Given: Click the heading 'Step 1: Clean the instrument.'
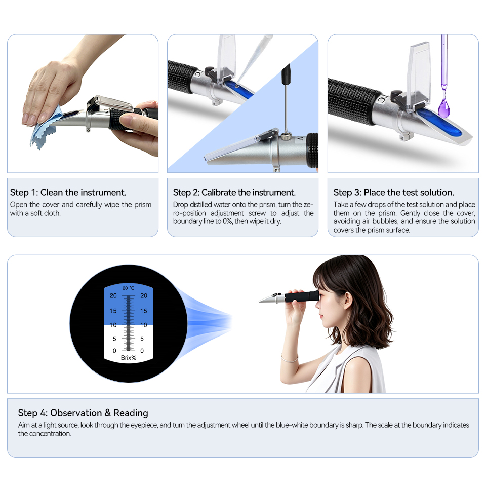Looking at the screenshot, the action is pos(68,193).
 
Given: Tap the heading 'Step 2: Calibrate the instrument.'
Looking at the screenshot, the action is pos(234,193).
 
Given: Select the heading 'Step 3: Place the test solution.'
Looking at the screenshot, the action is pos(394,193).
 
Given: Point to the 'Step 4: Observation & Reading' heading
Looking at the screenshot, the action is pos(83,413).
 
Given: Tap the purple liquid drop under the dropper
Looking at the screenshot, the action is pos(444,107).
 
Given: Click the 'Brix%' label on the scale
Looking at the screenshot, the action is pos(128,358).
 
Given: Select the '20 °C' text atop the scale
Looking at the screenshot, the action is pos(128,288).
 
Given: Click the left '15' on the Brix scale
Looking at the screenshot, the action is pos(113,311).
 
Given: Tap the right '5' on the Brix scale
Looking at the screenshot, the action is pos(142,339).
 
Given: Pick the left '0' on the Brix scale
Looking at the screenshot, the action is pos(114,351).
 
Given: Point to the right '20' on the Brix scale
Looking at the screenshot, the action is pos(144,296).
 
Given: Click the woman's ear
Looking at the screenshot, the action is pos(348,301).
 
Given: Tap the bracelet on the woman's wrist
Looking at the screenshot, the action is pos(290,359).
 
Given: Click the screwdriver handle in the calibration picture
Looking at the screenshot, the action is pos(286,73).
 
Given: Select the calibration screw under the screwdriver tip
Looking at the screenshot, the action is pos(286,136).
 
